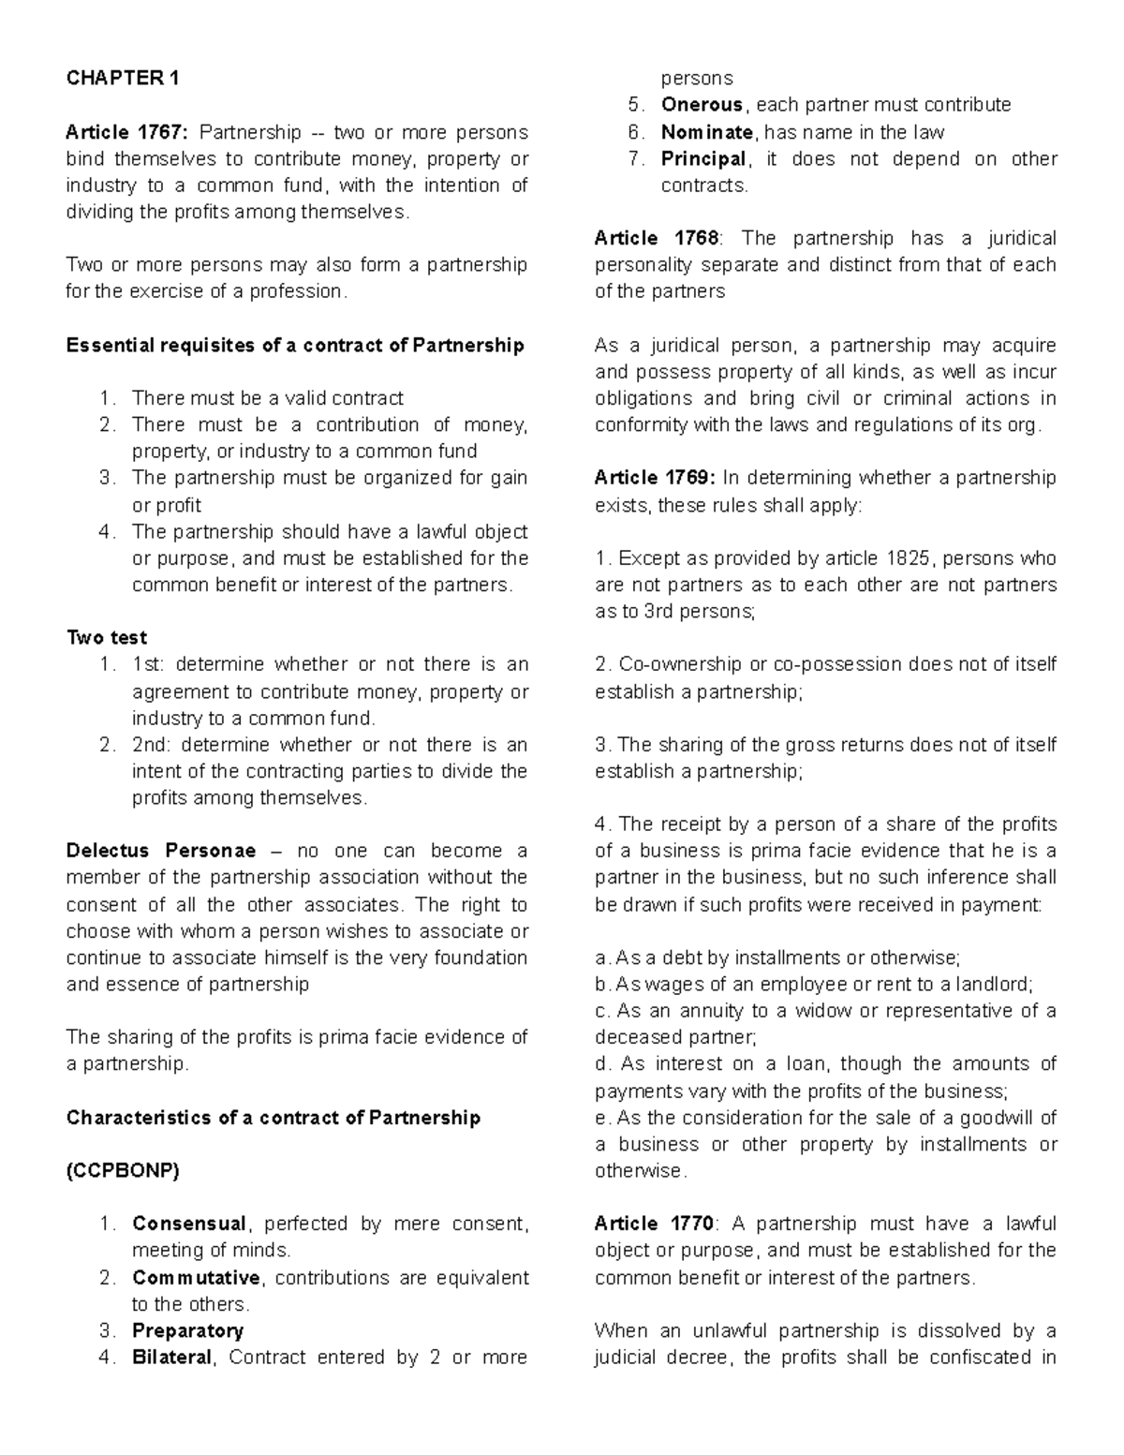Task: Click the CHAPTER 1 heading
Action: (x=122, y=79)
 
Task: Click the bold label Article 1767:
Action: (x=126, y=132)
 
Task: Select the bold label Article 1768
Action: (x=657, y=239)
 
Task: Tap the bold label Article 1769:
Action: (x=655, y=478)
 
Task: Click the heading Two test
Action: (x=106, y=638)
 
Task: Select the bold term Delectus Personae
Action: (x=160, y=852)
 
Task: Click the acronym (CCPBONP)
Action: (x=122, y=1171)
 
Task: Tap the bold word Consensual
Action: (x=188, y=1224)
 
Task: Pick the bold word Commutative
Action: (x=196, y=1278)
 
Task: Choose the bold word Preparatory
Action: (x=187, y=1331)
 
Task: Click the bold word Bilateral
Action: (x=172, y=1358)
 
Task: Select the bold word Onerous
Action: (x=702, y=105)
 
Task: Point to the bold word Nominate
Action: (x=706, y=132)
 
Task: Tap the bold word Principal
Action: (x=703, y=159)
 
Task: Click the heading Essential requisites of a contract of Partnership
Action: (x=295, y=346)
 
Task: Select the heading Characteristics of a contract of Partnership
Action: (x=273, y=1118)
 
